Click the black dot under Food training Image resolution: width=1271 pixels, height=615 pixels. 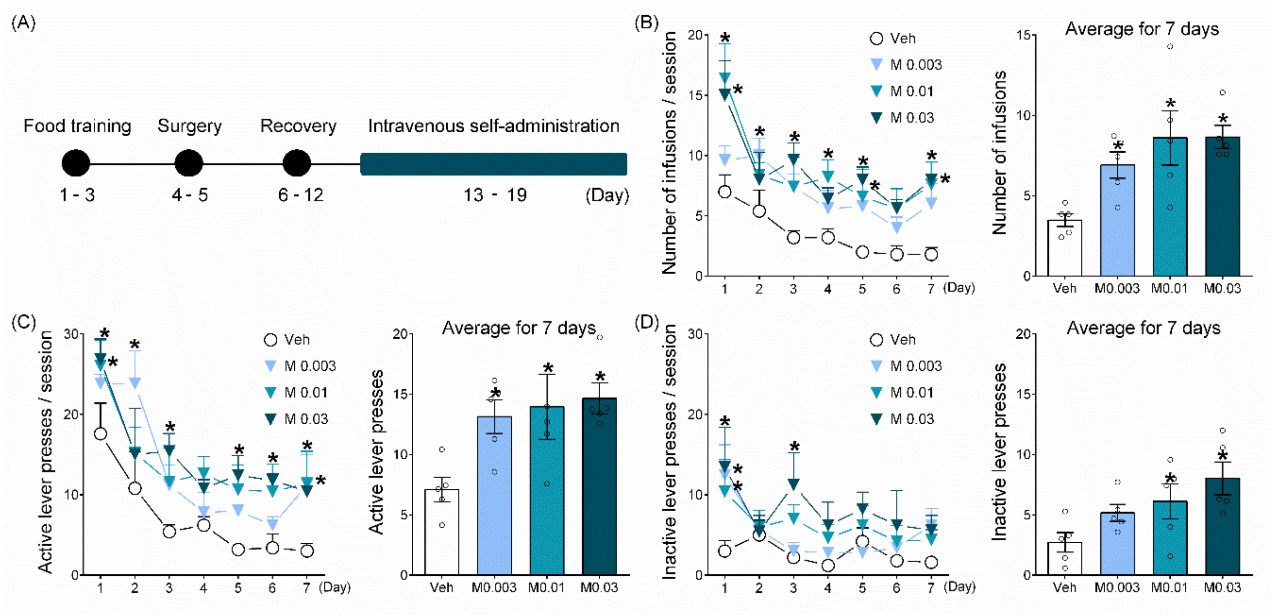(76, 163)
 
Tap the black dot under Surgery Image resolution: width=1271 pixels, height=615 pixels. (189, 163)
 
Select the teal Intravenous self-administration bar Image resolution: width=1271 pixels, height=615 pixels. (493, 164)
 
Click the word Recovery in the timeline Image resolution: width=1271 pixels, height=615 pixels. (298, 126)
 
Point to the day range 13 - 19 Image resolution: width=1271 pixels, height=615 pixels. (495, 195)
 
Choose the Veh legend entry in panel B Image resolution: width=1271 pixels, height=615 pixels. (893, 38)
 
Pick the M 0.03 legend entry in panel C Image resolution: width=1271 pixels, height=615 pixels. (296, 419)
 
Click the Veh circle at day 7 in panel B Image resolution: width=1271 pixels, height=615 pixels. (931, 255)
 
